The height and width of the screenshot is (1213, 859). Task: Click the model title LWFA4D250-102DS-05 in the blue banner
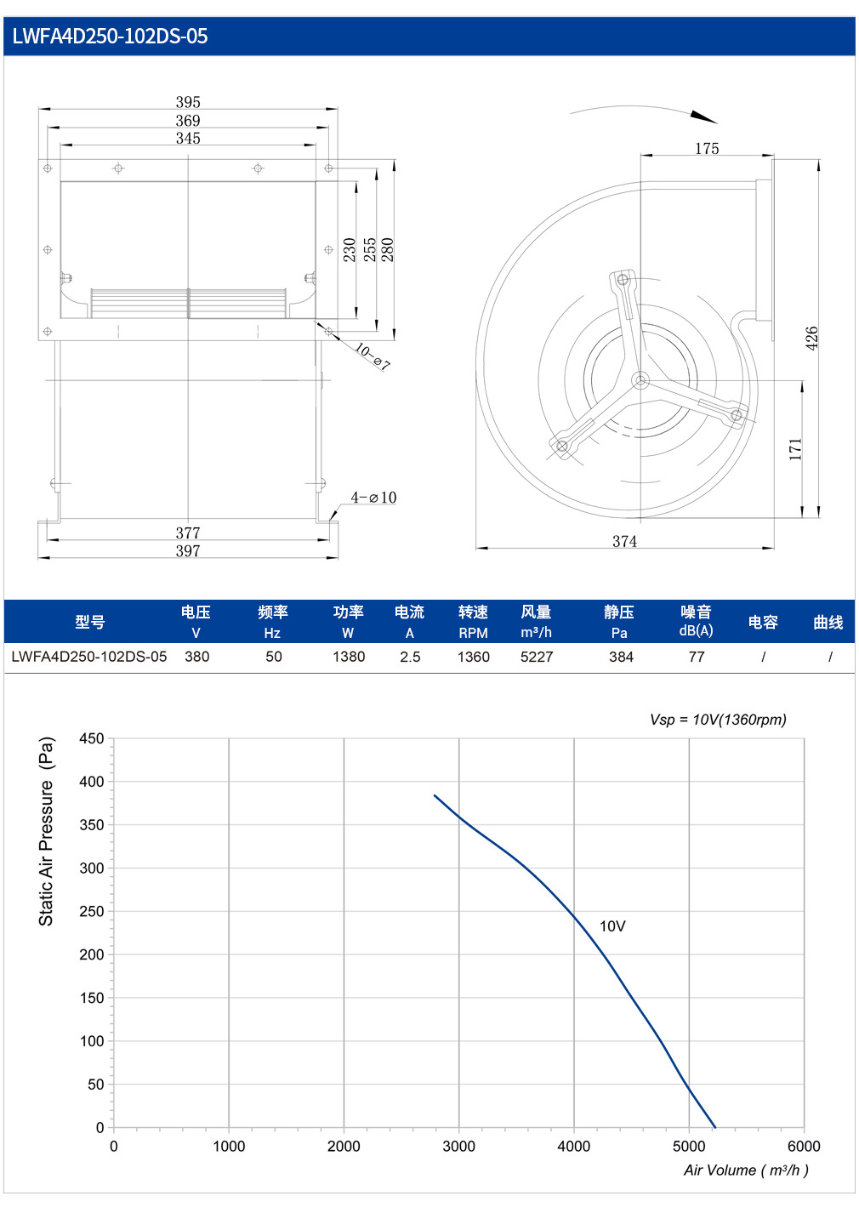pyautogui.click(x=110, y=37)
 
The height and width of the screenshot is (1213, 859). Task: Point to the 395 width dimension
pyautogui.click(x=188, y=102)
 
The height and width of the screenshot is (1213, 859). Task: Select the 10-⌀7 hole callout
pyautogui.click(x=373, y=356)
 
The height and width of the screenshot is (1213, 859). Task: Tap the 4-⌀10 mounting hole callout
pyautogui.click(x=373, y=497)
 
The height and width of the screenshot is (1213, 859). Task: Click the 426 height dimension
pyautogui.click(x=812, y=339)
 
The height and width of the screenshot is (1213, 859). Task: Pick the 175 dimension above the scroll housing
pyautogui.click(x=707, y=148)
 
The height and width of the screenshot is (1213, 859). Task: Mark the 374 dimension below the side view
pyautogui.click(x=624, y=541)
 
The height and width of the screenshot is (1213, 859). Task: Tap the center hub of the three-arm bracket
pyautogui.click(x=641, y=380)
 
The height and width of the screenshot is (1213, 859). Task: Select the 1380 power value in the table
pyautogui.click(x=349, y=657)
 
